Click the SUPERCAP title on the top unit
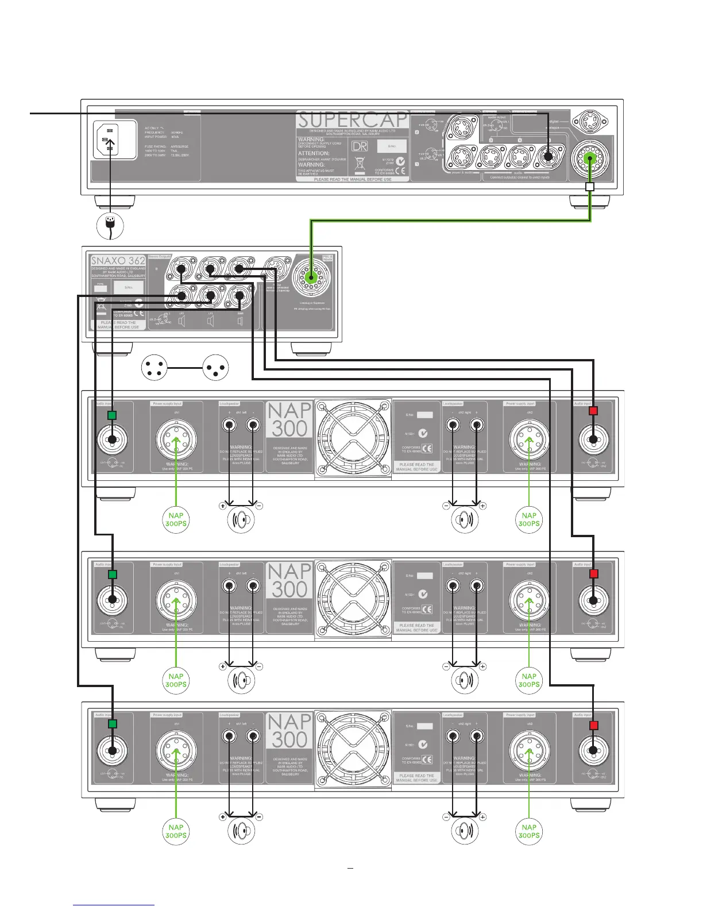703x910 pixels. [351, 121]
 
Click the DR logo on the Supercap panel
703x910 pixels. [360, 146]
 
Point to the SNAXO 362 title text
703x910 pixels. [118, 261]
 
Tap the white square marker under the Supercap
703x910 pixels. [589, 187]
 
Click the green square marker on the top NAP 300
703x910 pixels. [113, 415]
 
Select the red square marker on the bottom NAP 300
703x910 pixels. [594, 725]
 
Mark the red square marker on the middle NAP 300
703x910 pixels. [594, 574]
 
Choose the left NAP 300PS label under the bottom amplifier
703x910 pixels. [176, 831]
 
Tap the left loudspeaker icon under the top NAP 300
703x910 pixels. [241, 519]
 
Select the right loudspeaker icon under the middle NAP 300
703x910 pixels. [464, 680]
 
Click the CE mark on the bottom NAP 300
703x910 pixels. [427, 759]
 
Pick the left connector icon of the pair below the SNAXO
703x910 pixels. [154, 368]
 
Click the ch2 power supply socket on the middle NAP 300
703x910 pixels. [529, 600]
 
